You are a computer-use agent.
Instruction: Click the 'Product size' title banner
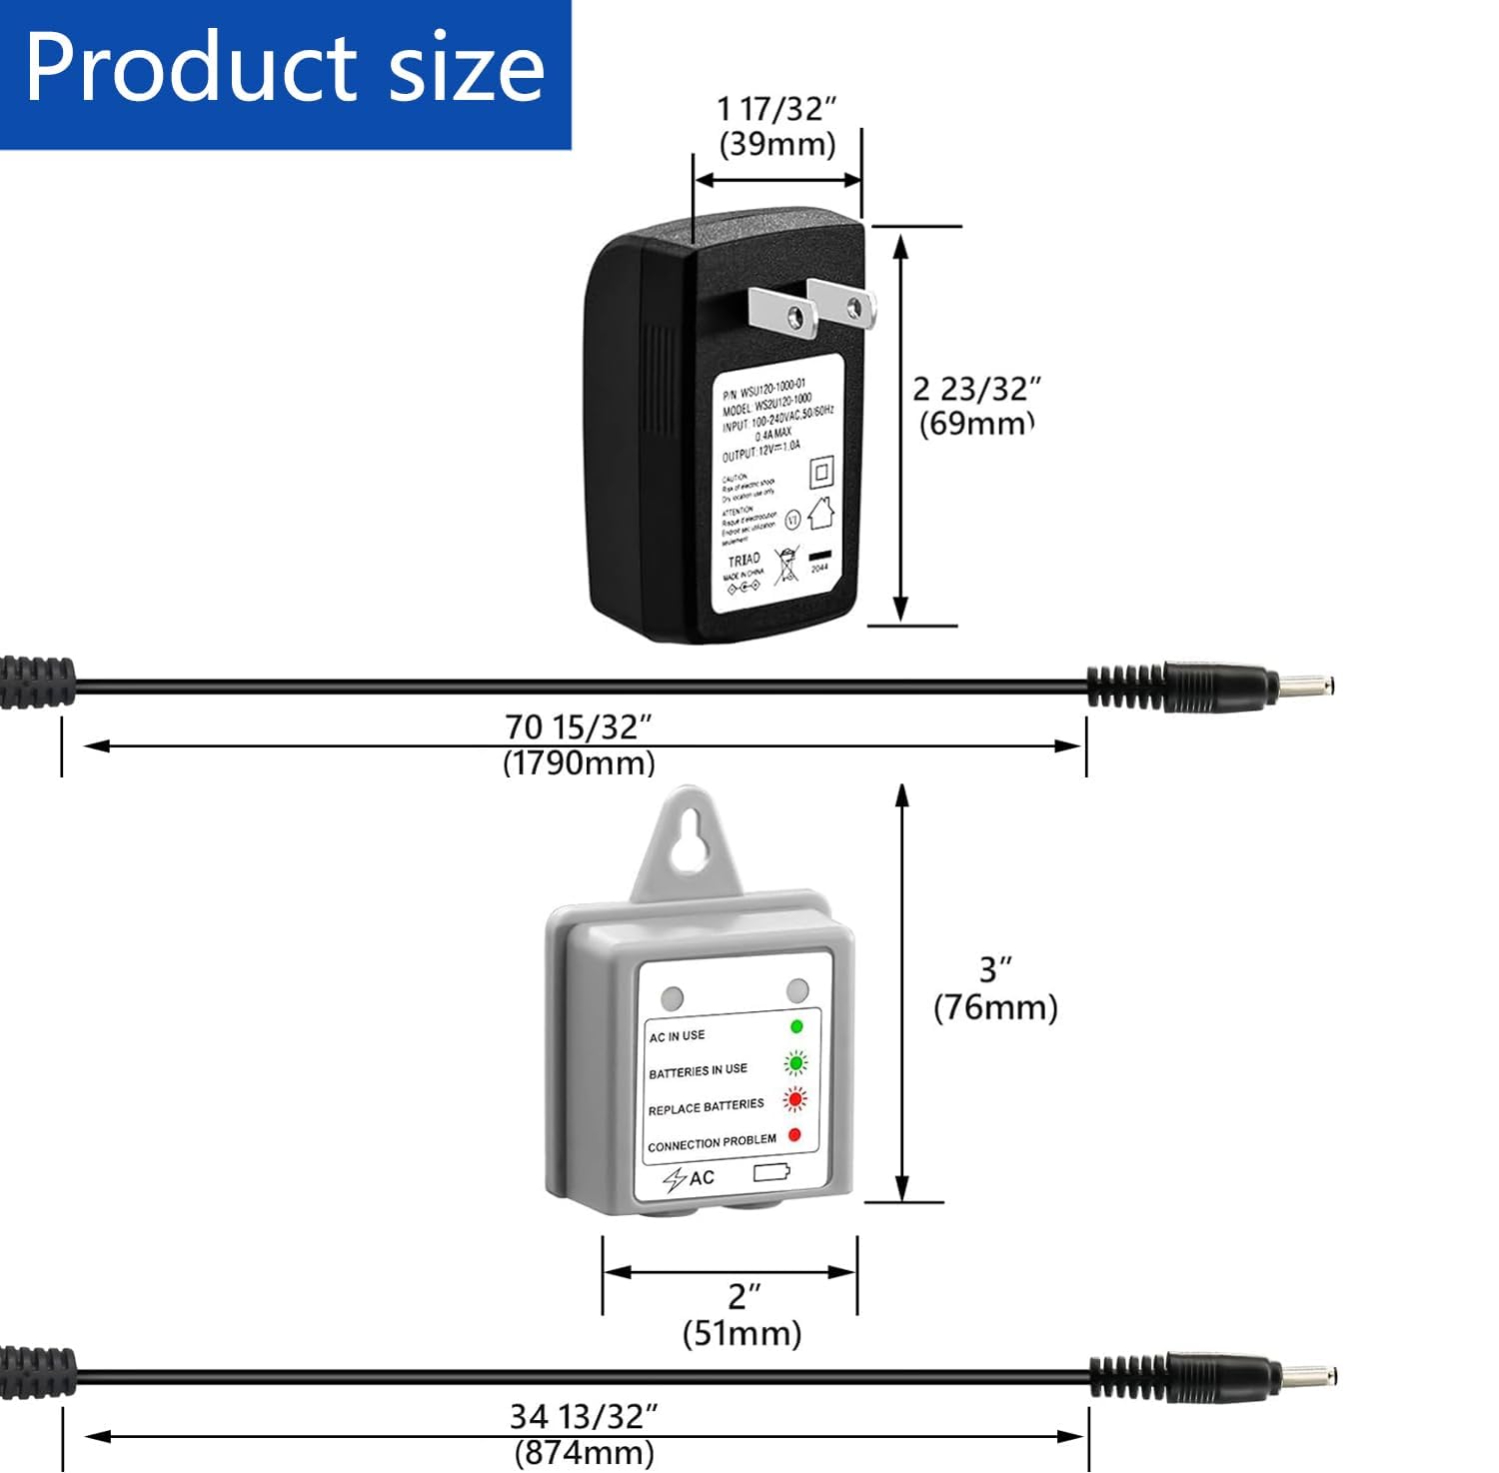pos(285,70)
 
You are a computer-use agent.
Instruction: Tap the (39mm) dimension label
pos(777,144)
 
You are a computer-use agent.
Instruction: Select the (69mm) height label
pos(975,423)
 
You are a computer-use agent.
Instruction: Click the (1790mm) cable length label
pos(579,762)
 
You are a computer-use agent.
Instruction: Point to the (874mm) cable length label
pos(584,1452)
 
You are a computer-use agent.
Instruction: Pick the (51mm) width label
pos(742,1333)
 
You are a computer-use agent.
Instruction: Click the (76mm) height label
pos(995,1006)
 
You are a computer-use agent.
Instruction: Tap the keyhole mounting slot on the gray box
pos(687,837)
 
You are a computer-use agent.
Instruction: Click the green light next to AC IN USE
pos(796,1026)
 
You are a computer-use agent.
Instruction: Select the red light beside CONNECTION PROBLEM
pos(794,1135)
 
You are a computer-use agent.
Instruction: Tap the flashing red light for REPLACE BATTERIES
pos(795,1099)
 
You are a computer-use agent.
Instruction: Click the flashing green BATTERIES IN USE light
pos(796,1062)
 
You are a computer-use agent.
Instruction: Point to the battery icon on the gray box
pos(771,1172)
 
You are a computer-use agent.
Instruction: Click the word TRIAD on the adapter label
pos(744,560)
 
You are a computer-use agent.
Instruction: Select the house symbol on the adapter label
pos(820,513)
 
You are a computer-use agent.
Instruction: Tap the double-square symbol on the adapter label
pos(821,471)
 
